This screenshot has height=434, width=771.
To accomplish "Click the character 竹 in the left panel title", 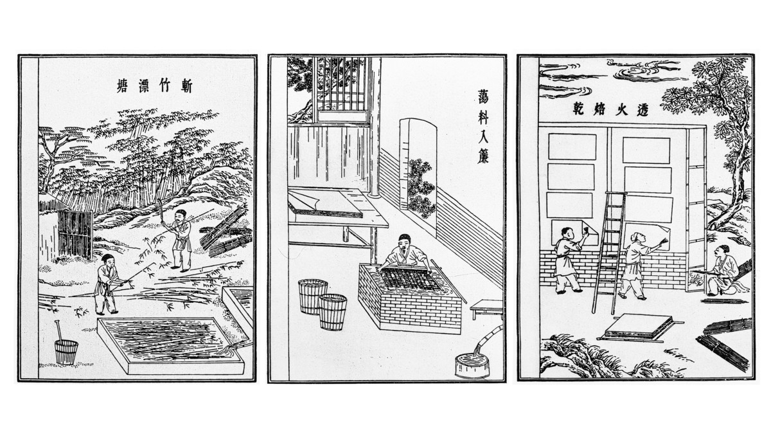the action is tap(164, 86).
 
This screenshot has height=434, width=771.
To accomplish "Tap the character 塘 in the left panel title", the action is tap(122, 86).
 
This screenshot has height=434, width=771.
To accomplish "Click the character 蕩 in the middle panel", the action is tap(483, 97).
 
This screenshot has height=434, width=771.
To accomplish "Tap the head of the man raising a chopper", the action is tap(180, 215).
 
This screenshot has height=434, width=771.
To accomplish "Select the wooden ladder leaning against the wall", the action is tap(608, 253).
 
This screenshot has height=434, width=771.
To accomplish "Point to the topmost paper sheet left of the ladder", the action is tap(572, 147).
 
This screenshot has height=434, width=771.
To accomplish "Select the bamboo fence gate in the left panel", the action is tap(75, 234).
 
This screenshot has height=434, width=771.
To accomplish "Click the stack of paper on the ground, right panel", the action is tap(639, 327).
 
